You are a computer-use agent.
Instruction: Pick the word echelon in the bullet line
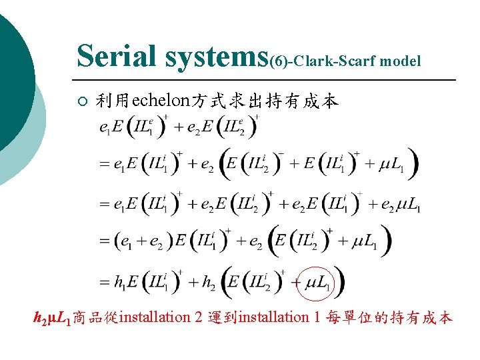[x=161, y=101]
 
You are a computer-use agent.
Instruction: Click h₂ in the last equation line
[x=209, y=283]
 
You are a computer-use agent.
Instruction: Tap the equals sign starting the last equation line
[x=103, y=283]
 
